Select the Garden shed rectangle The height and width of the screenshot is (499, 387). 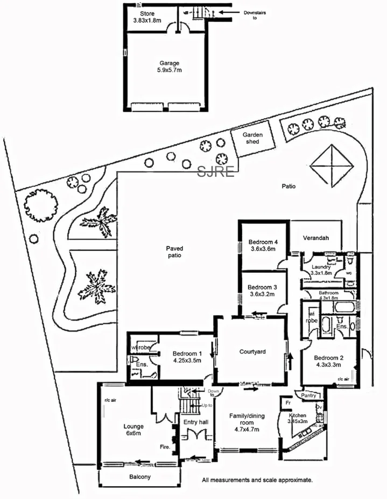[x=251, y=138]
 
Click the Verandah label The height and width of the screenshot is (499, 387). [x=316, y=238]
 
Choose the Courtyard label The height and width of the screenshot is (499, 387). [x=253, y=352]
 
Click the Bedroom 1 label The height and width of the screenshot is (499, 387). [x=187, y=354]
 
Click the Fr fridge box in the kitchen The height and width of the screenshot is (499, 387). [x=289, y=402]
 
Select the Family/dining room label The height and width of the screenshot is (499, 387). [x=248, y=419]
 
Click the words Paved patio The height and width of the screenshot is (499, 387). [x=174, y=252]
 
